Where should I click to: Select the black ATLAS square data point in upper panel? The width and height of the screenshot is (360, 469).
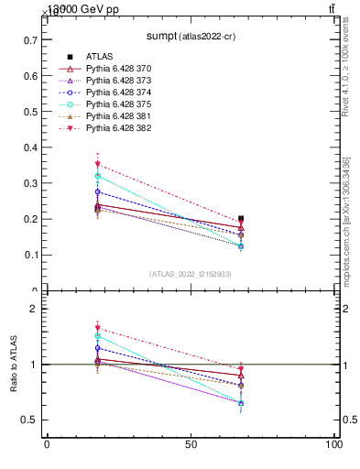[241, 219]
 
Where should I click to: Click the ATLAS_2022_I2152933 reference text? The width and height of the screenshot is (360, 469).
[190, 273]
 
